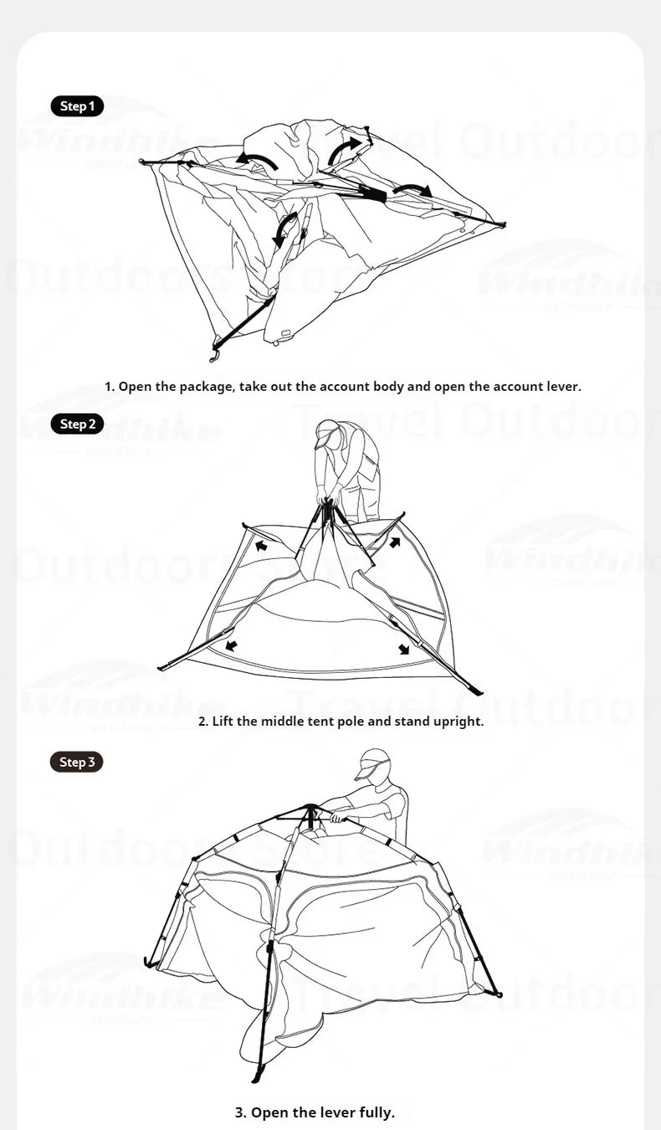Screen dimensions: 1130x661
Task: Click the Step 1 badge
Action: click(77, 106)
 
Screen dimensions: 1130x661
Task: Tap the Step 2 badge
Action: click(77, 424)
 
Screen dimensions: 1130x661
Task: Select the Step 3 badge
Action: click(77, 763)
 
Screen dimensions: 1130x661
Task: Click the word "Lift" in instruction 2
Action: click(223, 721)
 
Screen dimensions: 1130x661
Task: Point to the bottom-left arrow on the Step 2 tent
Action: click(231, 645)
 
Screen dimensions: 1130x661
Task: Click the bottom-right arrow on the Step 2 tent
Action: click(404, 649)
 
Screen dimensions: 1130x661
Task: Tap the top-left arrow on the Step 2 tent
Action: click(260, 546)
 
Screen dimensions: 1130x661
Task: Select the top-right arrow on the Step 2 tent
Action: click(395, 542)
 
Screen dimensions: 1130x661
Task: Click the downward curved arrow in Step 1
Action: click(285, 229)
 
